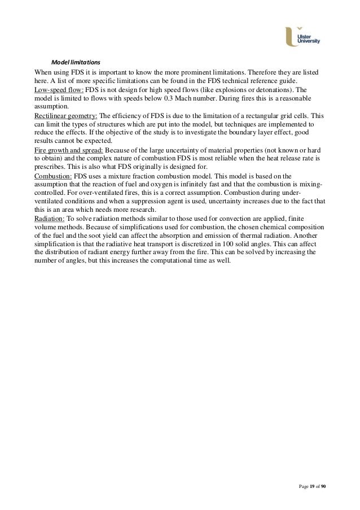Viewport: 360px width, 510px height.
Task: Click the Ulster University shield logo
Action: click(x=291, y=38)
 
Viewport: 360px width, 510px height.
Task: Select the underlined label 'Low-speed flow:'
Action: click(x=59, y=90)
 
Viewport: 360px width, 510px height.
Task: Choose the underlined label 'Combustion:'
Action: click(x=52, y=176)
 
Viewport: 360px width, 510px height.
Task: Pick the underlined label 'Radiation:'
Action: click(x=50, y=219)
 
